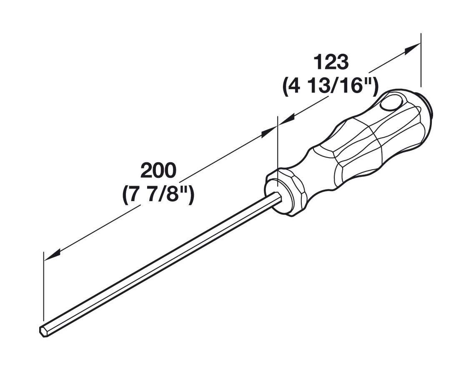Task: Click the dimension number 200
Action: tap(158, 171)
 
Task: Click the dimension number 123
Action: tap(330, 63)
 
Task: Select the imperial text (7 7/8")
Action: tap(158, 194)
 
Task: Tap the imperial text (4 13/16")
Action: tap(330, 87)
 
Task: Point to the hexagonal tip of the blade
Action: tap(43, 330)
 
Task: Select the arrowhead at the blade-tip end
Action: tap(53, 255)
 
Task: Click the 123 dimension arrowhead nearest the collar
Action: tap(286, 119)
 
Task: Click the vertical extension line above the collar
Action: tap(277, 142)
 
